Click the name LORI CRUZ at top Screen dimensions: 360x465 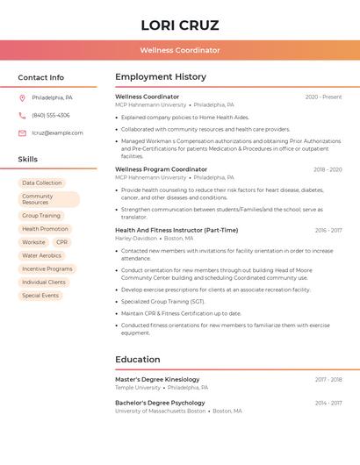[x=180, y=25]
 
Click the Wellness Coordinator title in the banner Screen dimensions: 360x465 [x=180, y=50]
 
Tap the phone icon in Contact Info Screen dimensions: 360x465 [x=22, y=115]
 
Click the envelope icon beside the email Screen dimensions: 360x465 [x=22, y=133]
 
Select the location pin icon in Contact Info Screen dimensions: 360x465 [x=22, y=97]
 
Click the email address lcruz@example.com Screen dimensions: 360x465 [x=57, y=133]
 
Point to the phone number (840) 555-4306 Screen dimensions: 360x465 [x=51, y=115]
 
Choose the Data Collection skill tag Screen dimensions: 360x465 [x=42, y=182]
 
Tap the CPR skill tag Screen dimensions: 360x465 [x=61, y=242]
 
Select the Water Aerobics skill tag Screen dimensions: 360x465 [x=42, y=255]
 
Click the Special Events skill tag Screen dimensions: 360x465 [x=40, y=296]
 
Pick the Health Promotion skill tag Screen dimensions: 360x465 [x=45, y=229]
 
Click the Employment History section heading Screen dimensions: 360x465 [x=161, y=77]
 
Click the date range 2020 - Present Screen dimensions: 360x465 [x=323, y=97]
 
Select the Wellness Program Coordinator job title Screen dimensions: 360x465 [x=162, y=169]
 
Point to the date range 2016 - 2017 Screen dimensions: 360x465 [x=328, y=230]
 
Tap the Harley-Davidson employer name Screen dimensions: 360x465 [x=135, y=238]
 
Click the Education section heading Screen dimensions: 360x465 [x=138, y=359]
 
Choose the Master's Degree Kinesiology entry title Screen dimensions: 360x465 [x=157, y=379]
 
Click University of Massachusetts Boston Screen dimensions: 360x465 [x=161, y=411]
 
